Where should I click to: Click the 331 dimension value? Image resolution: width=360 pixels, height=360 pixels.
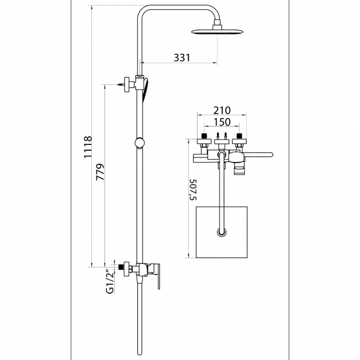(x=182, y=58)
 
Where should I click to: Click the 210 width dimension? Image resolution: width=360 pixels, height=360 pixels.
(x=221, y=111)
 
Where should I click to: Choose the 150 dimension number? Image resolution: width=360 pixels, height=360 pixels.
(x=221, y=122)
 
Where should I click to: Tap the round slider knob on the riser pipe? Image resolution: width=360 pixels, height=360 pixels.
(x=139, y=142)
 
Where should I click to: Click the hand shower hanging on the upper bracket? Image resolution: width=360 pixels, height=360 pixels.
(x=147, y=90)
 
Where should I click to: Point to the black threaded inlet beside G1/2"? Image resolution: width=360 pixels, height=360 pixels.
(x=122, y=267)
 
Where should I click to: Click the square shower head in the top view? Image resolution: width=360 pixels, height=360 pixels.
(x=222, y=231)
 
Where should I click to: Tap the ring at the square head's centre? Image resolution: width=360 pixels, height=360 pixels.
(x=222, y=232)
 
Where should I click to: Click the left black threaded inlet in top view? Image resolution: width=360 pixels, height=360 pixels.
(x=205, y=137)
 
